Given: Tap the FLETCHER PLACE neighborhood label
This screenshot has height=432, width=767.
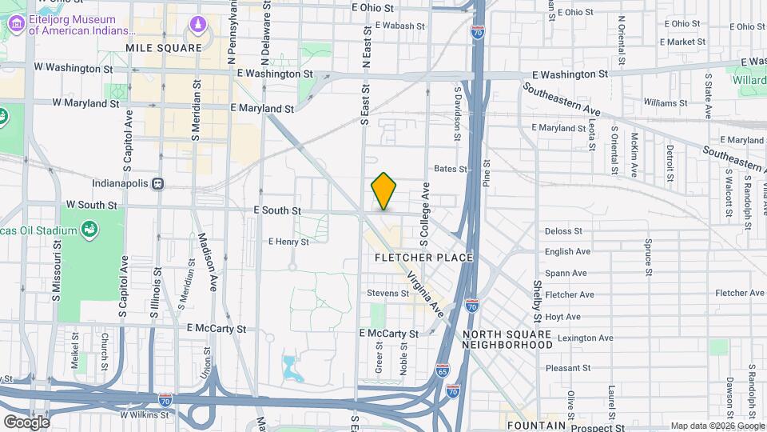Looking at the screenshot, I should pos(424,258).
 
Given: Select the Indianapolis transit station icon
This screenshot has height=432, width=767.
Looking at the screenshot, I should pos(158,182).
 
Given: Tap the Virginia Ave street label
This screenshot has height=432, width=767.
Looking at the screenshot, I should pos(425,291).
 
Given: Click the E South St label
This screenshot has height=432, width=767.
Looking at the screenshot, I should pos(276,210).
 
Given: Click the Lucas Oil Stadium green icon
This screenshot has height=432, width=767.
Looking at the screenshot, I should pos(90,230).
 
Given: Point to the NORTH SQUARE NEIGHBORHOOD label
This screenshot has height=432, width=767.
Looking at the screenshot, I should pos(507,339).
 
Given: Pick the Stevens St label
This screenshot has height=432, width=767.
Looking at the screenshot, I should pos(388,294).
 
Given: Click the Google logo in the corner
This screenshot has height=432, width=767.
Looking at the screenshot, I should pos(26,422).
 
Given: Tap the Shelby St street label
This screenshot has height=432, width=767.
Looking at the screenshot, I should pos(537,296).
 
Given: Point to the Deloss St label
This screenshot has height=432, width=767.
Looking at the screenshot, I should pos(563,231).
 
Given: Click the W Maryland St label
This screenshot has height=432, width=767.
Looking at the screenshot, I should pos(85,103).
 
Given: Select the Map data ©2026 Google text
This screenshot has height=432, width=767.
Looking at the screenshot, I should pos(717,426).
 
